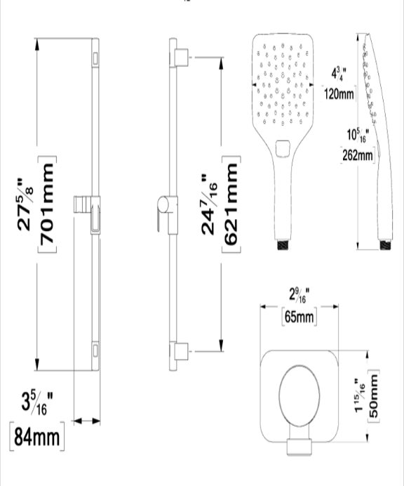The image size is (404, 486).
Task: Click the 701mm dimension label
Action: click(47, 204)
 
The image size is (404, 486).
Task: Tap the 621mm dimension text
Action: click(231, 204)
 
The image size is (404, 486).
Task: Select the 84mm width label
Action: click(37, 436)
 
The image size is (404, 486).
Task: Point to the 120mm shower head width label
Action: click(339, 93)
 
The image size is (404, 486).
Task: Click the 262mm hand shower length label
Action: click(358, 155)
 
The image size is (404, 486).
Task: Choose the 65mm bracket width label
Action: click(299, 317)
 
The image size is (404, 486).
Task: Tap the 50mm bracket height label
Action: click(373, 396)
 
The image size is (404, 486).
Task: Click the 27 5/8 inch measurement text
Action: click(25, 204)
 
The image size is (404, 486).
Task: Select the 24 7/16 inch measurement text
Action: click(209, 204)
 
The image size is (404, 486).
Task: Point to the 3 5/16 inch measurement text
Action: click(37, 404)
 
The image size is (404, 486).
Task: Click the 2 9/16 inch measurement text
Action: click(299, 295)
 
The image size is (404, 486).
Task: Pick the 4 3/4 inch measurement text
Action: click(339, 74)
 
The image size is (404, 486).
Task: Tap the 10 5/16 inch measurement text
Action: click(358, 135)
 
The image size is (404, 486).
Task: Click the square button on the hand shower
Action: click(283, 148)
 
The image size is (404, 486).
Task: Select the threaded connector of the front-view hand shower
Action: click(283, 244)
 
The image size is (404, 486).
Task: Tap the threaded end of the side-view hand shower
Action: click(386, 245)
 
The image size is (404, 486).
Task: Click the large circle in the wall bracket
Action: click(299, 395)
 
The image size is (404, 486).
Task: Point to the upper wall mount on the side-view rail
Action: click(181, 58)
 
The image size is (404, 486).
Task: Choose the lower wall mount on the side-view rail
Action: click(181, 351)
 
